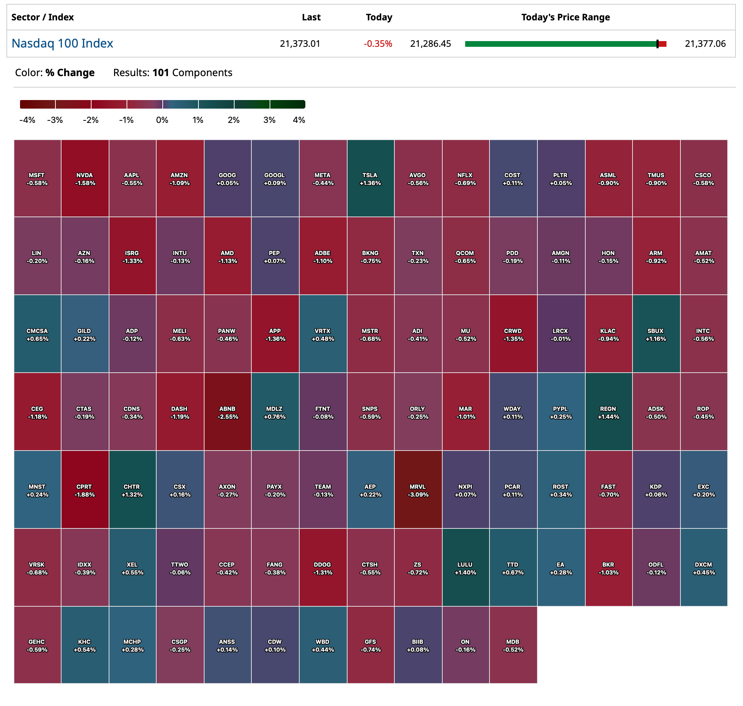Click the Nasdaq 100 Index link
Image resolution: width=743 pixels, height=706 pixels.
(62, 43)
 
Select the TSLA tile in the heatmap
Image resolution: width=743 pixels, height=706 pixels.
(370, 179)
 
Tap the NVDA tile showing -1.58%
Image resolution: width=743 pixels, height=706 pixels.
(85, 179)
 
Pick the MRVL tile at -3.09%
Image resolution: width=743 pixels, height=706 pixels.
(418, 490)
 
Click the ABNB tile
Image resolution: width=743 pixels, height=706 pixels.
(227, 412)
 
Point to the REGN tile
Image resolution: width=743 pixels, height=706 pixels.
(608, 412)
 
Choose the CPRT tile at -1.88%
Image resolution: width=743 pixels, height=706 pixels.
(85, 490)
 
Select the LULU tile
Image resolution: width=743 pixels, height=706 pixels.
(466, 568)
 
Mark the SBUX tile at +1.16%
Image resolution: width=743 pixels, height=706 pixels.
(656, 334)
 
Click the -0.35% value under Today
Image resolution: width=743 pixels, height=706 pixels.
(378, 44)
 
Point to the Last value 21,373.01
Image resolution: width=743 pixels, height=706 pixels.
(300, 44)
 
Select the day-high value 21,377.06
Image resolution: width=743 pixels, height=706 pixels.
(705, 44)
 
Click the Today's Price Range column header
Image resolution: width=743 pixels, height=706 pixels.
(565, 17)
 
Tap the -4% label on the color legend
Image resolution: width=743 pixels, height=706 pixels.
(27, 120)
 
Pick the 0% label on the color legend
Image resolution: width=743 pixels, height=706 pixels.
(162, 120)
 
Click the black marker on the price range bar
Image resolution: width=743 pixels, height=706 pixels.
(657, 44)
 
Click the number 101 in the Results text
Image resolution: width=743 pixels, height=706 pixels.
(161, 73)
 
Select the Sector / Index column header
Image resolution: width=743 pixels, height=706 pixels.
(43, 17)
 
